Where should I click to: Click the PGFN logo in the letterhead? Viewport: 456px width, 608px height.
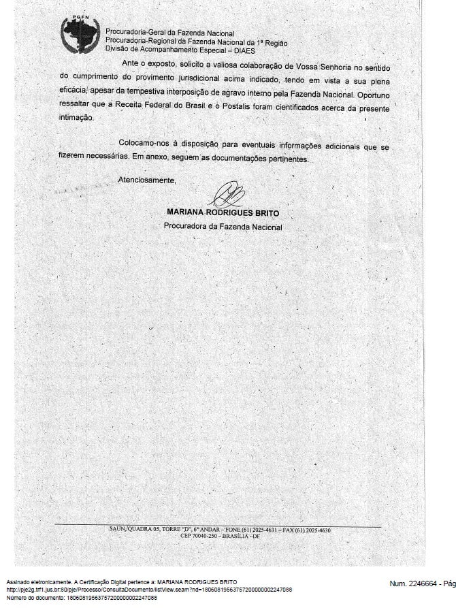80,35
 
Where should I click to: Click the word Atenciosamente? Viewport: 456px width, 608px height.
147,180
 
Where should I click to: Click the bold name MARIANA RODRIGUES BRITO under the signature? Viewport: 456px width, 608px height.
223,212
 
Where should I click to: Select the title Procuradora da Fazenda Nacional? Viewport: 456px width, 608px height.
223,227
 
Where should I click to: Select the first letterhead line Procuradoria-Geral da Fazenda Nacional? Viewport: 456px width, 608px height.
170,33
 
